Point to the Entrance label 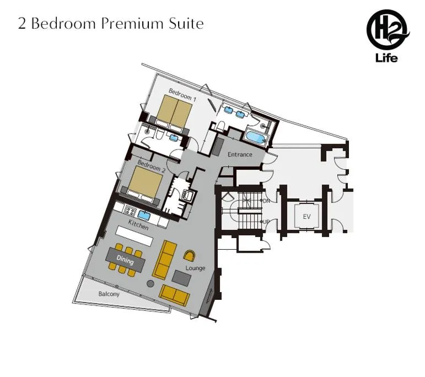[240, 154]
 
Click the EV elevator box [306, 217]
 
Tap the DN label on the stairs [266, 201]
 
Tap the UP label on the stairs [266, 222]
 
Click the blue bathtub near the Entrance [255, 137]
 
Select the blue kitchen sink [144, 215]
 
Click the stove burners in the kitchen [131, 211]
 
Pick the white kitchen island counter [134, 235]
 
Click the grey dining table [126, 259]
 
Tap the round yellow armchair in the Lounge [189, 255]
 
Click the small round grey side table [150, 284]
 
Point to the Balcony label [109, 294]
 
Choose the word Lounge [195, 268]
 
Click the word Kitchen [138, 224]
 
